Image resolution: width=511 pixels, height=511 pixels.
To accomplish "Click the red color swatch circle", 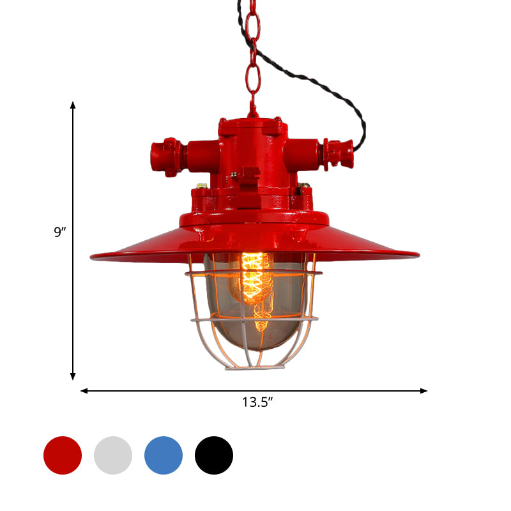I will click(63, 455).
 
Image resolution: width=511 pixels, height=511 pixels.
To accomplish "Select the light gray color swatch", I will click(113, 455).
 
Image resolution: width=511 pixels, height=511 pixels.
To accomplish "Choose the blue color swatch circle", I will click(164, 455).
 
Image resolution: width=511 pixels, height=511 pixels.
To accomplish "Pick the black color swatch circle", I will click(214, 455).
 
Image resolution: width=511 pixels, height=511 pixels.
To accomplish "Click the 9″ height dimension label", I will click(60, 233).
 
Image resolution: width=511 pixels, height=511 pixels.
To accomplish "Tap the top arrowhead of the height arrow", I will click(73, 104).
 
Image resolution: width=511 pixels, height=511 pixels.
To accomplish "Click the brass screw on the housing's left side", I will click(202, 187).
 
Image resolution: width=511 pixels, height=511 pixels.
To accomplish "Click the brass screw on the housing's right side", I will click(305, 187).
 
